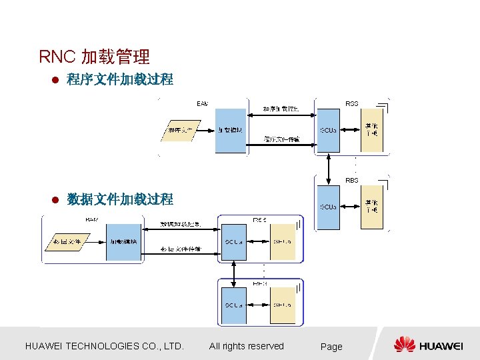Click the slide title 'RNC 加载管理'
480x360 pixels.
coord(94,57)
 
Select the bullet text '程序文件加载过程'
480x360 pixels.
coord(120,80)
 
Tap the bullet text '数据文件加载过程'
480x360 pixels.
coord(120,199)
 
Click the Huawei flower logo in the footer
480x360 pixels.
coord(405,345)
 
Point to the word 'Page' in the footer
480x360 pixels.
coord(331,347)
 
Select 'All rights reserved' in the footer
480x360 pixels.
coord(246,346)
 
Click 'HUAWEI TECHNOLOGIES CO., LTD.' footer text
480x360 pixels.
coord(104,346)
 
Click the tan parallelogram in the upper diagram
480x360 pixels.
coord(181,130)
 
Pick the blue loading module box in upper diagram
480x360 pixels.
coord(231,130)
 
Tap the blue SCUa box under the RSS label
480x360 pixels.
coord(327,130)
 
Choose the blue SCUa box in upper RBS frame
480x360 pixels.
coord(327,207)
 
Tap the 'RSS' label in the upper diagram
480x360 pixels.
coord(351,103)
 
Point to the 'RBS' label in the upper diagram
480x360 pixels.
coord(351,180)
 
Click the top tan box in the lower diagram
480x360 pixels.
coord(282,241)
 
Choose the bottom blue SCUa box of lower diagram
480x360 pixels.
coord(233,305)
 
